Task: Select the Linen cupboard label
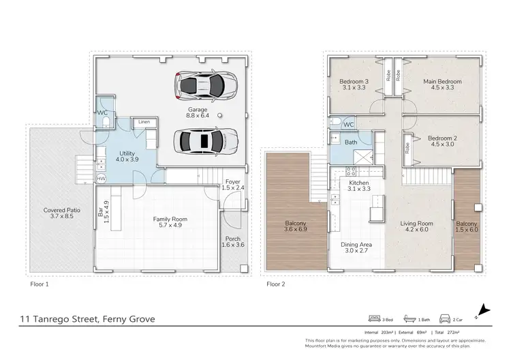tap(144, 122)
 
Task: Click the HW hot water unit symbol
tap(101, 179)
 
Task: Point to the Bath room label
tap(350, 142)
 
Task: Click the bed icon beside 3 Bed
tap(373, 319)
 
